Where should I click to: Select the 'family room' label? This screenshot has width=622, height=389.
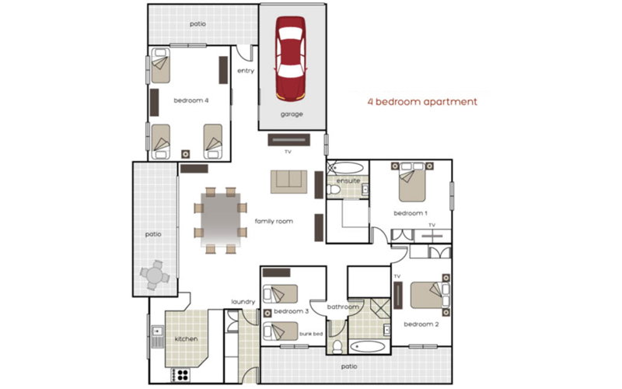click(274, 222)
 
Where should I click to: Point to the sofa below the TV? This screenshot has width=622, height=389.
click(288, 180)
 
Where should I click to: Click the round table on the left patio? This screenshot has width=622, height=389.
click(154, 275)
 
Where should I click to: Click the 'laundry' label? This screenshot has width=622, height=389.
click(243, 302)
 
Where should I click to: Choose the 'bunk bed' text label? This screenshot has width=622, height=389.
click(311, 334)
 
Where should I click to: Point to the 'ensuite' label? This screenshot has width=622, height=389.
click(348, 180)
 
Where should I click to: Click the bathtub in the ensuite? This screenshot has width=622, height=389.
click(344, 166)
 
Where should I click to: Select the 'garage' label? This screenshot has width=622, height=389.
click(292, 114)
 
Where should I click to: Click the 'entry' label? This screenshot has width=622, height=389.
click(246, 72)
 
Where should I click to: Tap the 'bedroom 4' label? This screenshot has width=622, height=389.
click(190, 100)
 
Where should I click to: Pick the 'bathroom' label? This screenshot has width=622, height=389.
click(342, 307)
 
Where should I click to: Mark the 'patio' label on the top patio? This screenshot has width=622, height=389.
click(198, 24)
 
